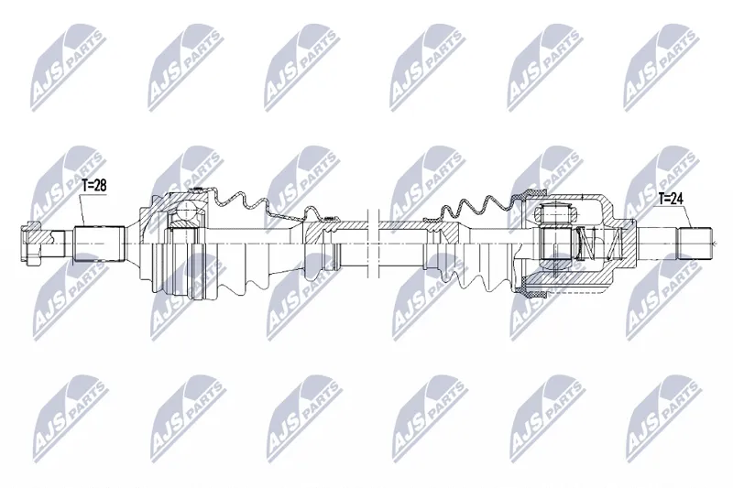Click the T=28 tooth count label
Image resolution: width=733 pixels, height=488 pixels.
pyautogui.click(x=94, y=185)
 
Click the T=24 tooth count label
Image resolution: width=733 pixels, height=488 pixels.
pyautogui.click(x=671, y=199)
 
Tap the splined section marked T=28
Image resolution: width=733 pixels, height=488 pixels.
pyautogui.click(x=99, y=244)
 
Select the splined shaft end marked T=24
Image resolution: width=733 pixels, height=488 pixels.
pyautogui.click(x=695, y=244)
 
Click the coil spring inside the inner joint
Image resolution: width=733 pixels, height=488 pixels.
pyautogui.click(x=601, y=244)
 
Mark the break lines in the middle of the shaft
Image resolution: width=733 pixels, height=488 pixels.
pyautogui.click(x=372, y=244)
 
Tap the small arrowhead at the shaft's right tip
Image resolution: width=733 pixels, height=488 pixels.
pyautogui.click(x=715, y=244)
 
